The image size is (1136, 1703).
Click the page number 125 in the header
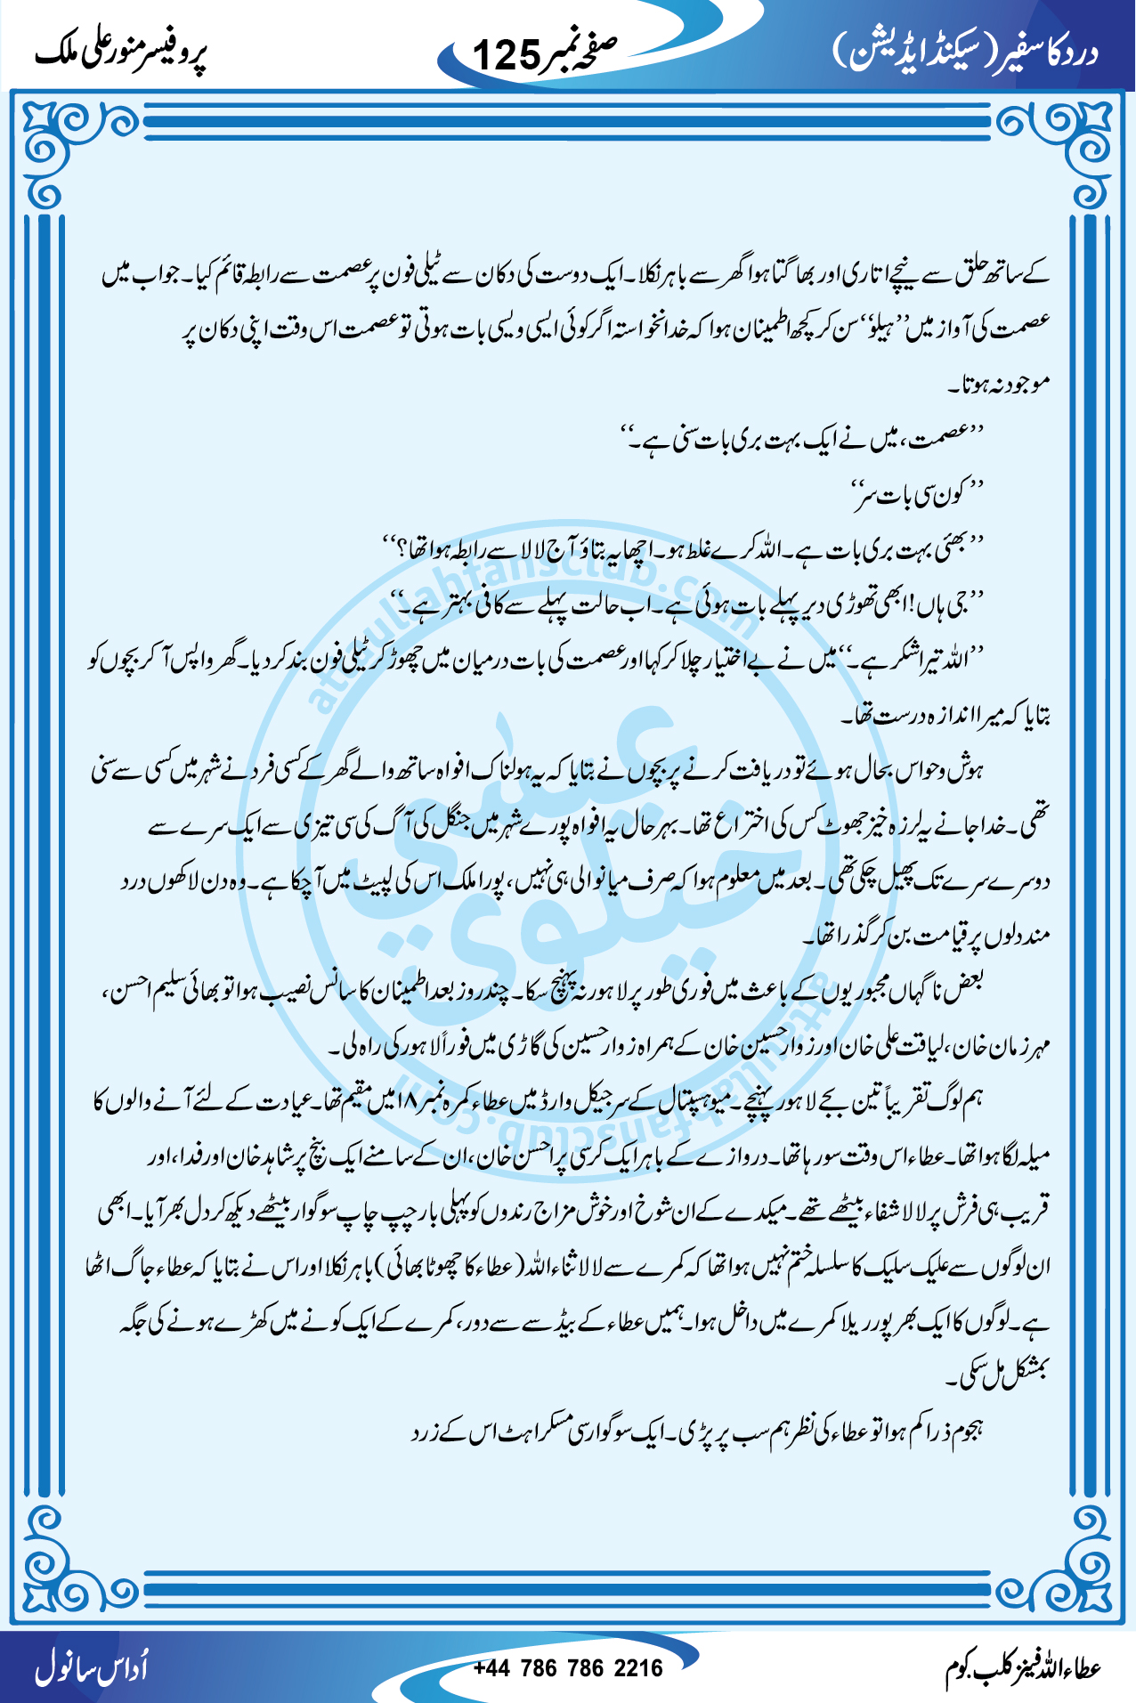coord(506,55)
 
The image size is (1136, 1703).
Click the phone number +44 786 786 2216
coord(568,1667)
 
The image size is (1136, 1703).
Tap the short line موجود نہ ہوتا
coord(1001,384)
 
